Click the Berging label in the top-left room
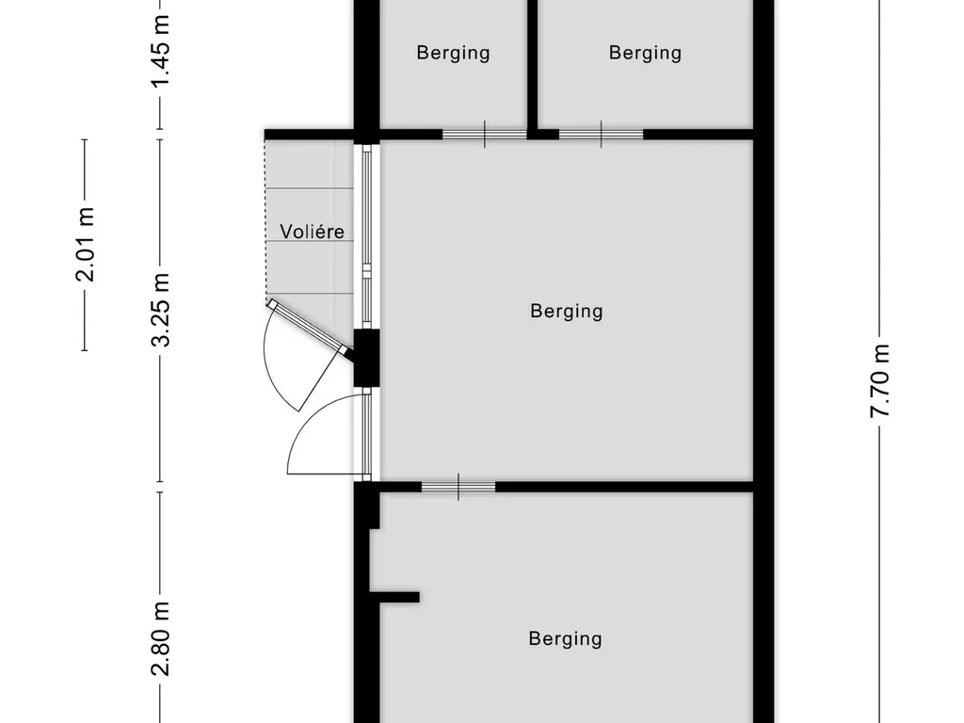coord(453,53)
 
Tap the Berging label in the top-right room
coord(645,53)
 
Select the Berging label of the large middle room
coord(566,311)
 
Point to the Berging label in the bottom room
coord(565,638)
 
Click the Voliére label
coord(312,232)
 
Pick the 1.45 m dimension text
coord(161,52)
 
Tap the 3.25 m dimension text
coord(161,310)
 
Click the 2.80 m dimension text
coord(161,639)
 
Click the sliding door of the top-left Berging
coord(484,135)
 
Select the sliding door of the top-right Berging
coord(601,135)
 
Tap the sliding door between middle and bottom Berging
coord(458,487)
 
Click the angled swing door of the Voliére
coord(306,326)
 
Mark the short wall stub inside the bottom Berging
coord(395,596)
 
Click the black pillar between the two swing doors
coord(366,358)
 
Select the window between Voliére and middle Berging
coord(367,235)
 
